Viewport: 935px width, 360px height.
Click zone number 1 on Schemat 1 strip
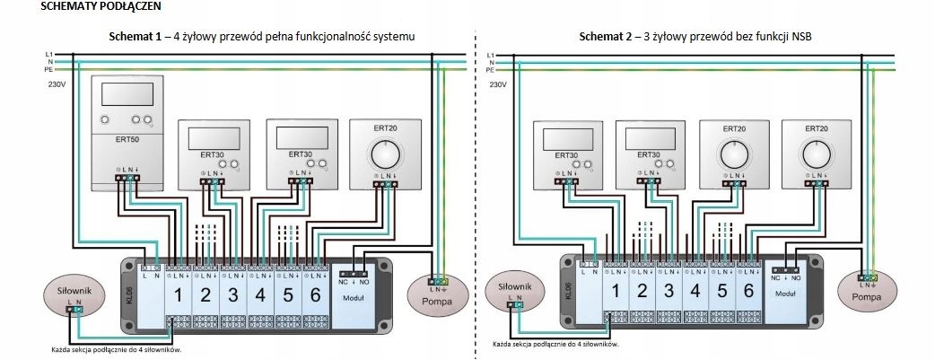tap(178, 294)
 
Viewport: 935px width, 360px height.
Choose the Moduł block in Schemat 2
tap(786, 292)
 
